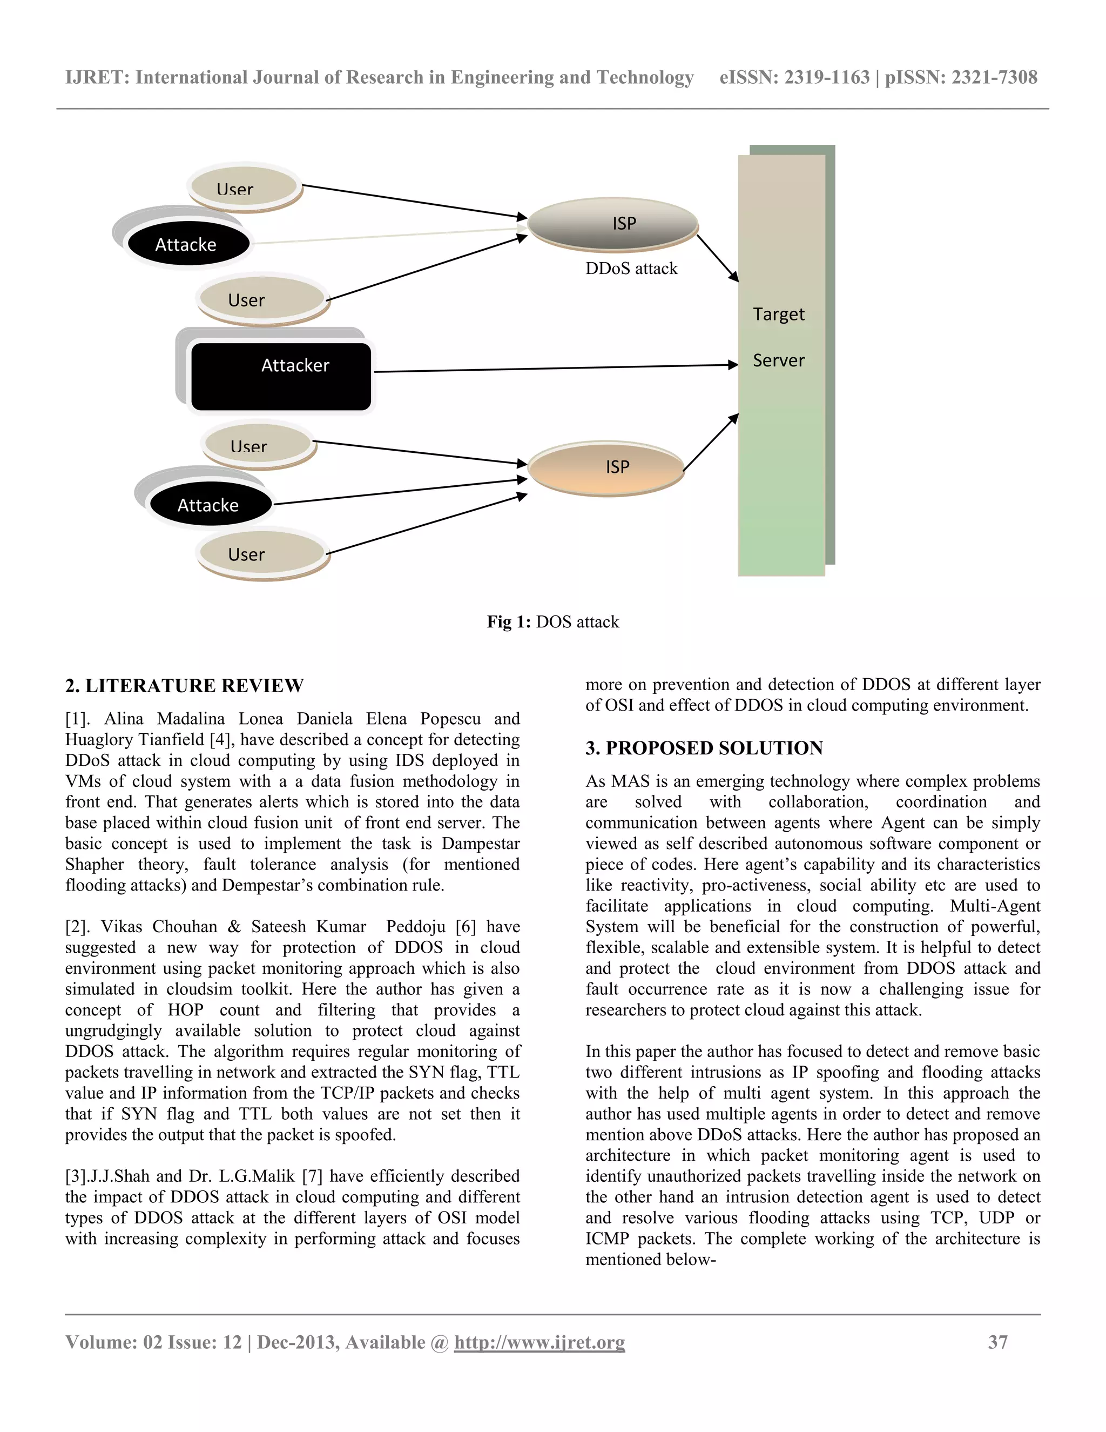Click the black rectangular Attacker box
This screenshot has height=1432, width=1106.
point(281,376)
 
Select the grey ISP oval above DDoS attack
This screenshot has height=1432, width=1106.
point(613,224)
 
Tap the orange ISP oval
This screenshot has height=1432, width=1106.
point(606,467)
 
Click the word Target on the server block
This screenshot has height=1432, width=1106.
point(778,314)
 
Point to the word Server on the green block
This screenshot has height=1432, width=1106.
point(778,360)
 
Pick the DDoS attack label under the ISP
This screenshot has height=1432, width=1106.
point(631,269)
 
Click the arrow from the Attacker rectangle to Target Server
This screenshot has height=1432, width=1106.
point(557,368)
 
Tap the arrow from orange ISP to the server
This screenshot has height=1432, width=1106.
point(711,442)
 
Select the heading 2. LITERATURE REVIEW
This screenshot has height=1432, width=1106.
point(184,686)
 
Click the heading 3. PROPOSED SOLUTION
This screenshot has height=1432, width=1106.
point(704,748)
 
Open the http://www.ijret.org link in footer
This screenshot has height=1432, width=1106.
point(539,1342)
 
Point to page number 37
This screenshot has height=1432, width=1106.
point(997,1342)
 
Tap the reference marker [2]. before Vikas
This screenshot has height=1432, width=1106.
point(79,926)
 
